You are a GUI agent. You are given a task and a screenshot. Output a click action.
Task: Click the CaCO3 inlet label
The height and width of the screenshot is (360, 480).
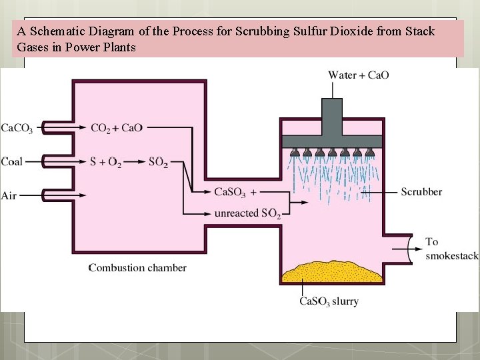coord(17,128)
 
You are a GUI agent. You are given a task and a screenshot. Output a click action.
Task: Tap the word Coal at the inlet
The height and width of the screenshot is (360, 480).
coord(11,161)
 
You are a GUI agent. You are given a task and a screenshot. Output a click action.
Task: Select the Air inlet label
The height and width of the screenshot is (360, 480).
coord(9,195)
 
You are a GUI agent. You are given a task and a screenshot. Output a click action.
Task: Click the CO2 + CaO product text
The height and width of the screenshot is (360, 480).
coord(116,128)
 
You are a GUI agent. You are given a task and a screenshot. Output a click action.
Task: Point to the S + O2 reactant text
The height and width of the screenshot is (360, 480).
coord(105,162)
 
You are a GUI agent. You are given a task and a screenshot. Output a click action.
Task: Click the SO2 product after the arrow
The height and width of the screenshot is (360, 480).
coord(158,162)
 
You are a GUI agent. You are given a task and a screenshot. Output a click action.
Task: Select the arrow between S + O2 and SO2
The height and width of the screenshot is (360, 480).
coord(134,161)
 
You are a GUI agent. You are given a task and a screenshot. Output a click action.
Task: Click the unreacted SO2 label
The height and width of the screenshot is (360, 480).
coord(247,214)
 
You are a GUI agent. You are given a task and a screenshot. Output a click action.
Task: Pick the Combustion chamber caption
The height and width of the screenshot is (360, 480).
coord(137,268)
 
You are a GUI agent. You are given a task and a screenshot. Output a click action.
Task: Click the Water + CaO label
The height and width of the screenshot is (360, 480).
coord(358,75)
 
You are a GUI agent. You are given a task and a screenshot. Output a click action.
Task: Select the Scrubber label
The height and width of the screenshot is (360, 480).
coord(421,192)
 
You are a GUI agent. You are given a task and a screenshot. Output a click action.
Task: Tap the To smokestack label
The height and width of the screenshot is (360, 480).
coord(451,249)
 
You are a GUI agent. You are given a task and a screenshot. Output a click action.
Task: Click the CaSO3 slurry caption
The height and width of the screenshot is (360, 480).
coord(329,301)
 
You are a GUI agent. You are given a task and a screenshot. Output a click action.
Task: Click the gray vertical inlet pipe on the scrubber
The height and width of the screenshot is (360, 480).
coord(331,117)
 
